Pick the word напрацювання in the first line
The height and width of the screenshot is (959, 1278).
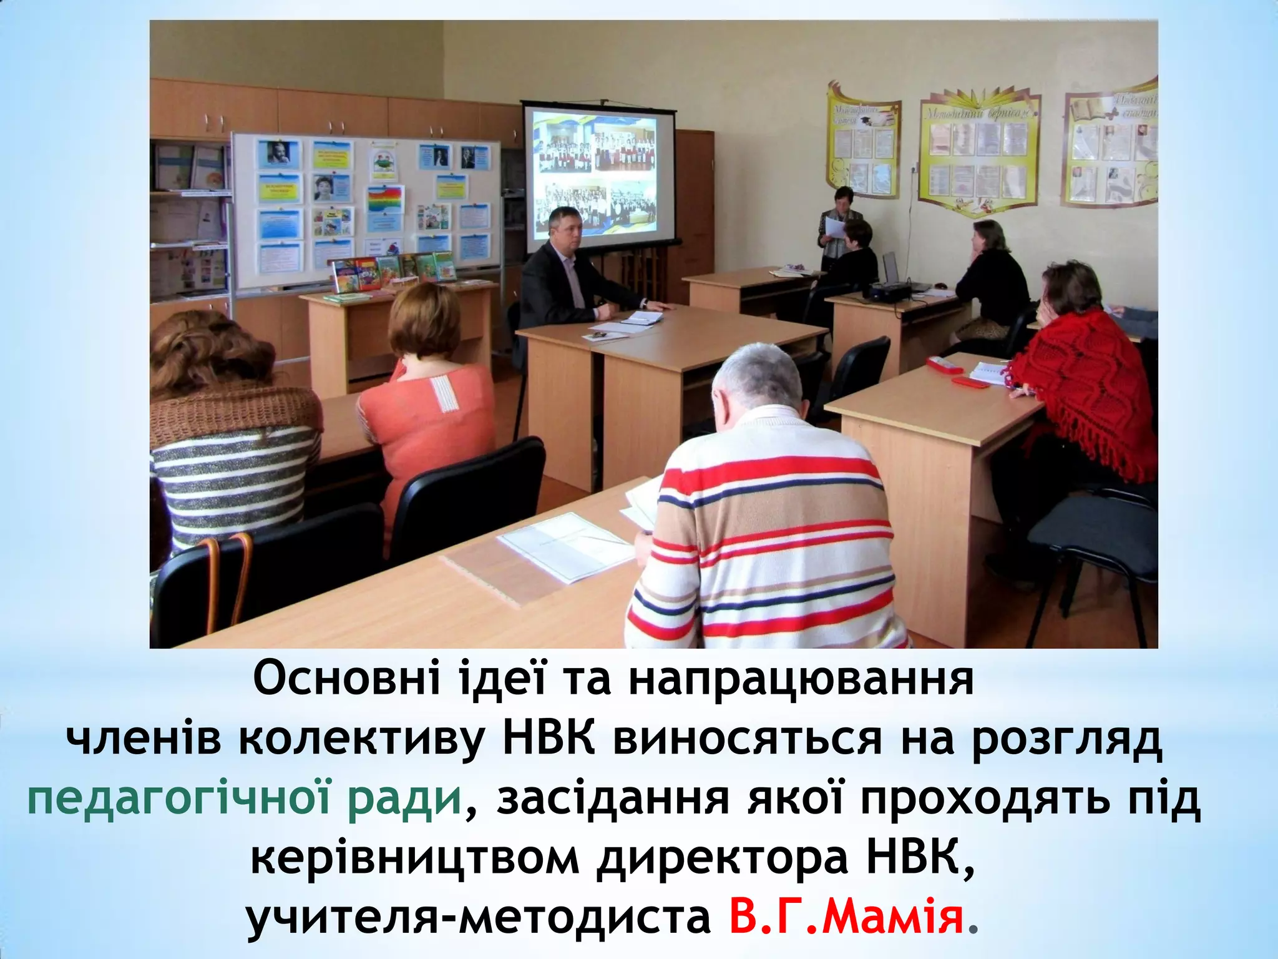click(x=801, y=681)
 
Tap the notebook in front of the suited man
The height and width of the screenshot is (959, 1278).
click(x=641, y=318)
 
